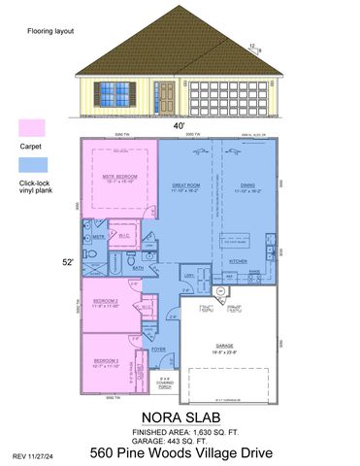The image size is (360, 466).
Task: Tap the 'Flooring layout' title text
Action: (x=49, y=31)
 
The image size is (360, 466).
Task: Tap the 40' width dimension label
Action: (x=179, y=124)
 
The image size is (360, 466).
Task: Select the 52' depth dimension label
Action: (x=67, y=261)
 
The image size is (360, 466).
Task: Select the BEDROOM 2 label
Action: (x=105, y=301)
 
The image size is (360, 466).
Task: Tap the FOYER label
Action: (x=158, y=349)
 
